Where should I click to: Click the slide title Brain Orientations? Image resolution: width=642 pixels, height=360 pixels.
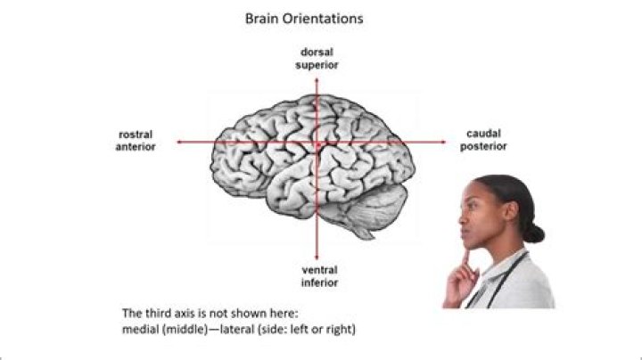(x=304, y=18)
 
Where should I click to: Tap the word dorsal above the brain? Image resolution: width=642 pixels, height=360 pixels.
(x=317, y=53)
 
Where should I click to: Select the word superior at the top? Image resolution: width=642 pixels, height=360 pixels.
(x=317, y=65)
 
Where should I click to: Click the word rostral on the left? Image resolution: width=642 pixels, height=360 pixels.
(x=136, y=135)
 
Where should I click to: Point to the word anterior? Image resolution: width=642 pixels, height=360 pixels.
(x=136, y=147)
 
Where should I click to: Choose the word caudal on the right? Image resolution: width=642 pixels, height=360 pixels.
(x=483, y=134)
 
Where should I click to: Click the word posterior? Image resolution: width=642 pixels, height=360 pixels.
(x=483, y=146)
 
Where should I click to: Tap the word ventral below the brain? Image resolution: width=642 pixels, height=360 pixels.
(x=318, y=269)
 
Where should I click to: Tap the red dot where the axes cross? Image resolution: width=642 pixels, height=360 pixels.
(x=317, y=143)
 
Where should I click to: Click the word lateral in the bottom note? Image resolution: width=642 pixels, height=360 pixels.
(x=242, y=330)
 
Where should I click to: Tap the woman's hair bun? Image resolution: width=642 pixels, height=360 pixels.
(x=533, y=233)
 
